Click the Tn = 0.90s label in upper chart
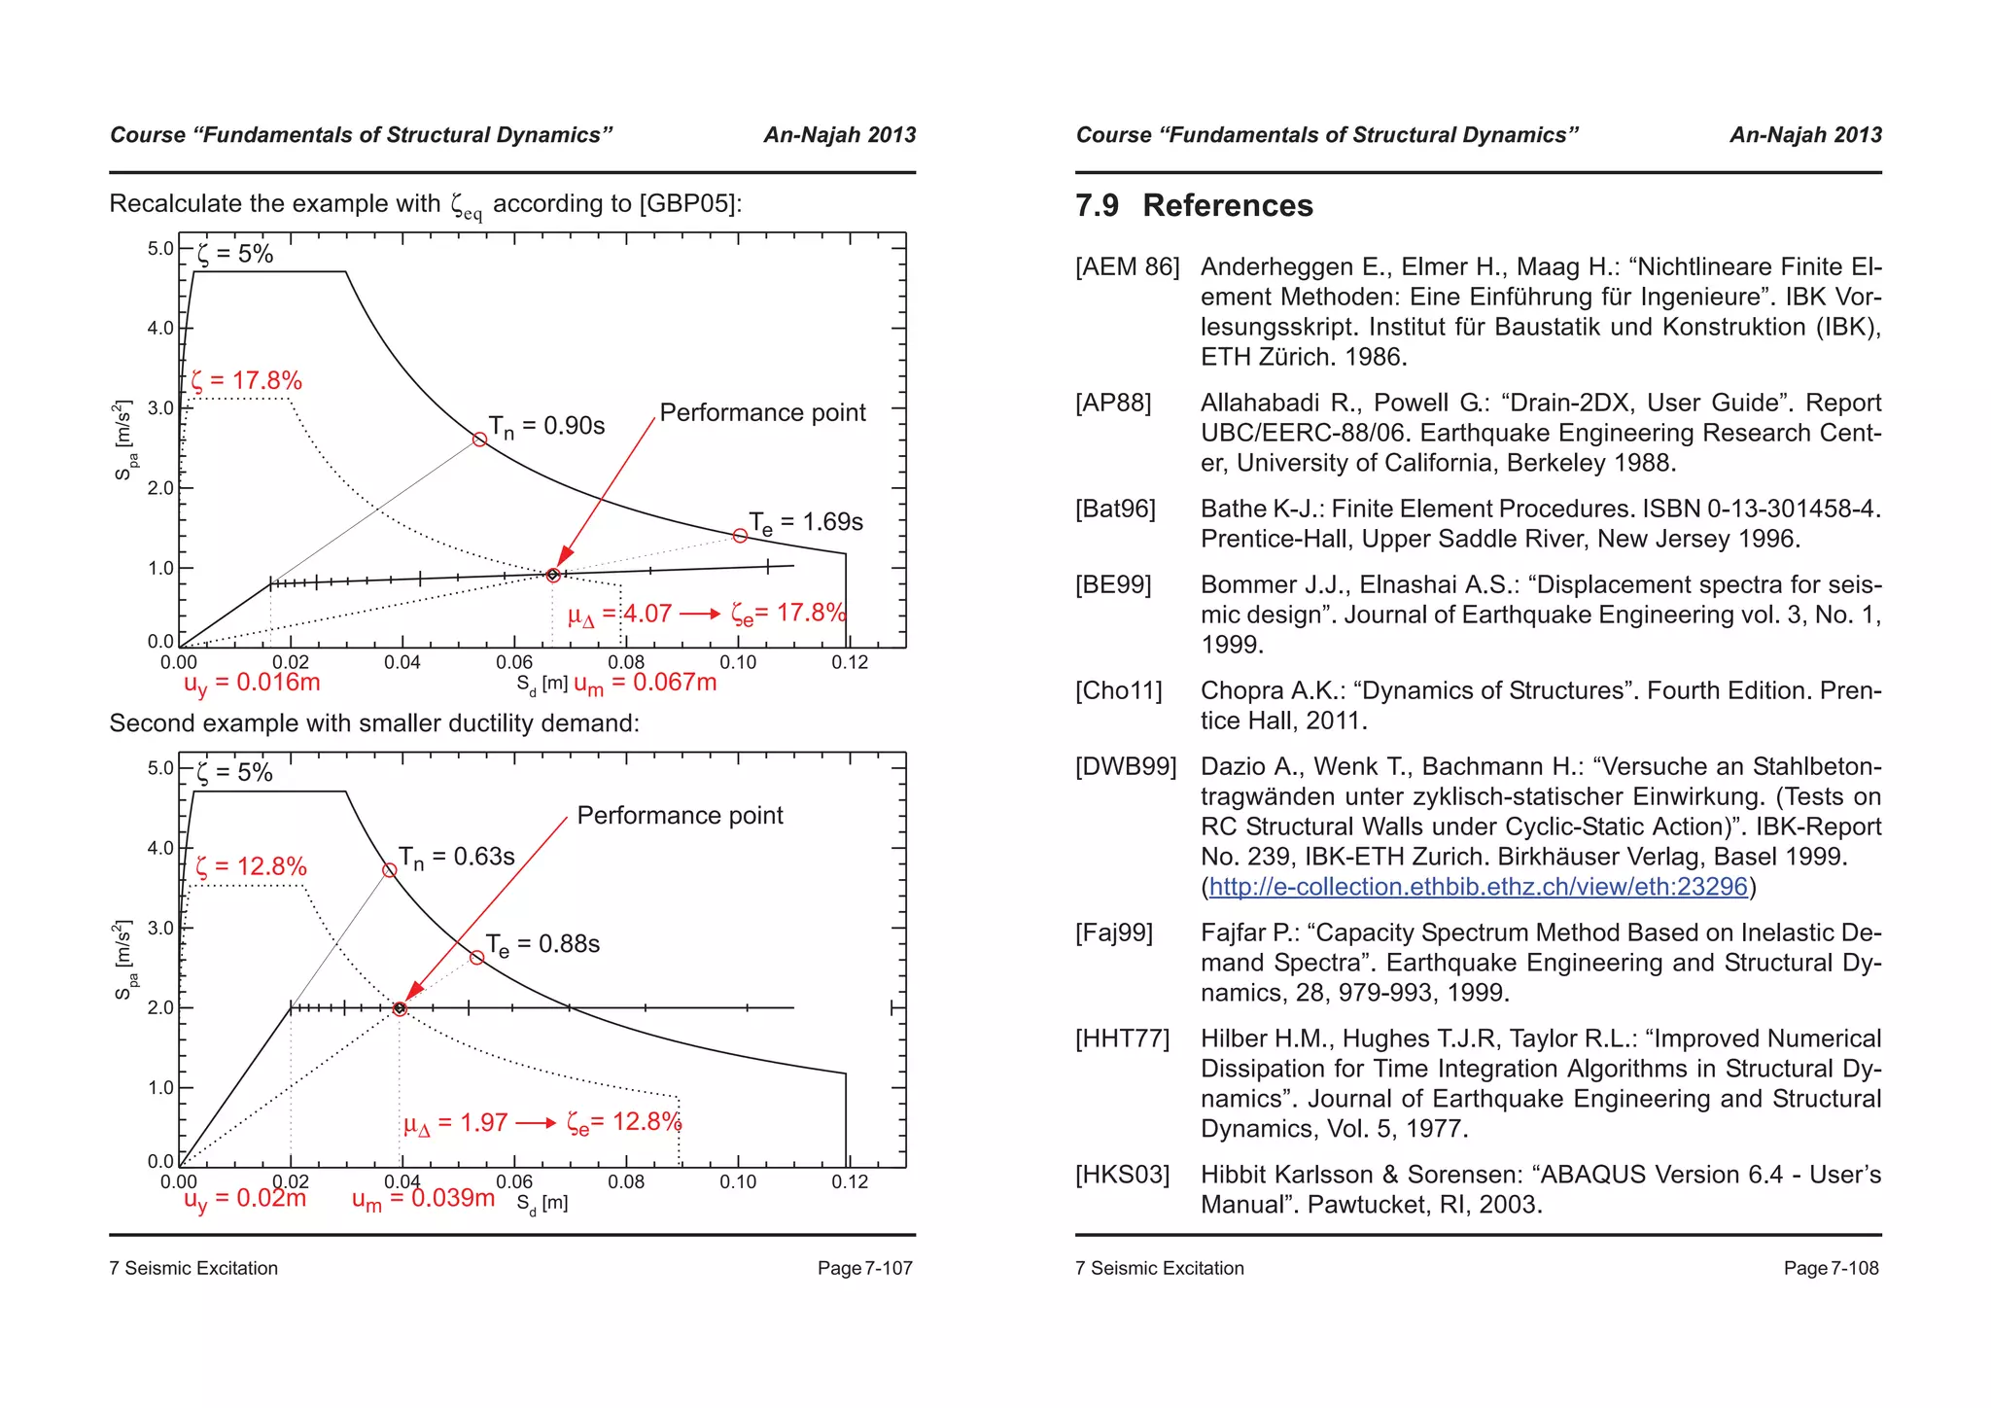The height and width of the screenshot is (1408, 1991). (x=546, y=426)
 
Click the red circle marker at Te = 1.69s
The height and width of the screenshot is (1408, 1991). (x=740, y=536)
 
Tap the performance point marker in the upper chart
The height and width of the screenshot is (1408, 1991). (x=553, y=575)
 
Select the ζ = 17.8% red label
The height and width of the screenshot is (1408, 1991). (x=247, y=380)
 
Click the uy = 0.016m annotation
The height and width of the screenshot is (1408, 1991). (x=252, y=683)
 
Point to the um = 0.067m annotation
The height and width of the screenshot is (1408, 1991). (x=646, y=683)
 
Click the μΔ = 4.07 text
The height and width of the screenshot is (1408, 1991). (x=620, y=614)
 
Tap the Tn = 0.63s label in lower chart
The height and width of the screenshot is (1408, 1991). (x=456, y=857)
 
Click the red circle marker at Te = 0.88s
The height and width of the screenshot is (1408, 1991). (x=476, y=958)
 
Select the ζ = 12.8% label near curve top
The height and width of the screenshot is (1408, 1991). (x=251, y=866)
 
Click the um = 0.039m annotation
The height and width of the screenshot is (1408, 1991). (x=423, y=1199)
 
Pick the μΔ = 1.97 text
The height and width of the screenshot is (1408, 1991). (x=456, y=1123)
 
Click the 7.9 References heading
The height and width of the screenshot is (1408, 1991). (x=1194, y=206)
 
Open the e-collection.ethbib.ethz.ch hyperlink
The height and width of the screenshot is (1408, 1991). (x=1478, y=887)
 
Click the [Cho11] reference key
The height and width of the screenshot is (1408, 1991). (x=1118, y=690)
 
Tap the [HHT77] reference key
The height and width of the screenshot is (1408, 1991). (x=1122, y=1038)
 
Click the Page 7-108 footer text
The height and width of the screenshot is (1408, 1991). (x=1831, y=1268)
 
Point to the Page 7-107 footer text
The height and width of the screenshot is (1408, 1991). (x=864, y=1268)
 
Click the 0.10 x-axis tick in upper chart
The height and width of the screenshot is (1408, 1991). (x=738, y=662)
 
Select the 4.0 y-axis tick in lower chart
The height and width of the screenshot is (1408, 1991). (x=160, y=848)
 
